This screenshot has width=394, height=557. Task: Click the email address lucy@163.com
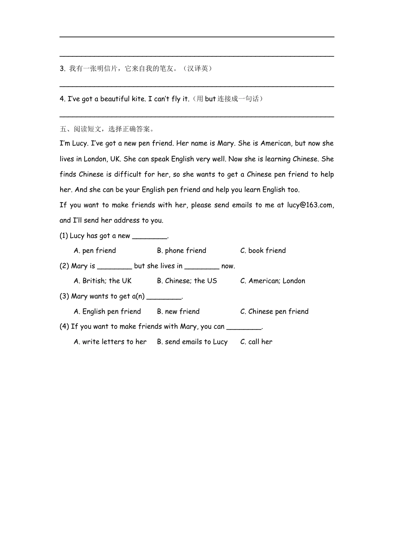[310, 205]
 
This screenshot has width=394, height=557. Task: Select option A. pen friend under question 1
[95, 251]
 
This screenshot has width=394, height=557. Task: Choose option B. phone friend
[182, 251]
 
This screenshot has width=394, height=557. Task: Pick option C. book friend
[263, 251]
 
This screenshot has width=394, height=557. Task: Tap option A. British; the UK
[102, 281]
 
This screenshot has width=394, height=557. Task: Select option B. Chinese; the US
[187, 281]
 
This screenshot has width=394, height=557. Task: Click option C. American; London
[272, 281]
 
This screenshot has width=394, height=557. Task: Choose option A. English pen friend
[107, 312]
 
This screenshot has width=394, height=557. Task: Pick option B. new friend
[178, 312]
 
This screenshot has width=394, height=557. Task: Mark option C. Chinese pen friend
[274, 312]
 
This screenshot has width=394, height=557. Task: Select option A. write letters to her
[110, 342]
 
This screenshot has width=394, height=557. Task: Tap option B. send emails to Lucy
[192, 342]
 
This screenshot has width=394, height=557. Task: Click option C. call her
[256, 342]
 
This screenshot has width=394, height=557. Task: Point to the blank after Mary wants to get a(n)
[164, 297]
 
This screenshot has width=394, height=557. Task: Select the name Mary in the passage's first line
[226, 143]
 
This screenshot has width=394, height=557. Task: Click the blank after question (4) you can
[244, 327]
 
